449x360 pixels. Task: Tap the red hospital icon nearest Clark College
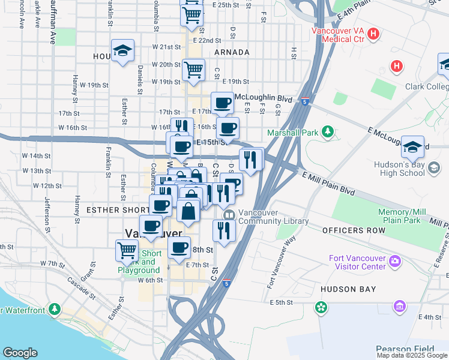(397, 67)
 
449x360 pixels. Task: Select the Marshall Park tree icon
(327, 131)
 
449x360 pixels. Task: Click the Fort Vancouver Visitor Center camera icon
(395, 260)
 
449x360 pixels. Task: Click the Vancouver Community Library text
(273, 217)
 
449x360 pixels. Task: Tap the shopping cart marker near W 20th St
(193, 70)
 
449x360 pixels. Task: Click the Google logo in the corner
(20, 353)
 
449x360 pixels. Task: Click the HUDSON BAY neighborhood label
(348, 289)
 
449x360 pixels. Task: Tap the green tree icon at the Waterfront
(55, 309)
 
